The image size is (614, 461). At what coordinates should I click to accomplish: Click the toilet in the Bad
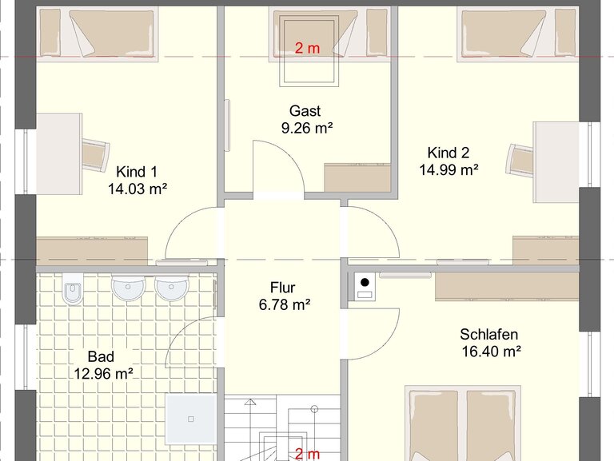[x=73, y=288]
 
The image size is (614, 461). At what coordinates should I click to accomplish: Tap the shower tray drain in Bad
[x=191, y=419]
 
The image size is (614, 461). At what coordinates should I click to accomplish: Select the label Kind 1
[x=137, y=172]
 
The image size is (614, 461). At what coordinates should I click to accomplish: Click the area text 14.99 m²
[x=449, y=170]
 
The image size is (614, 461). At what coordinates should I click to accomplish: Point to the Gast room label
[x=305, y=111]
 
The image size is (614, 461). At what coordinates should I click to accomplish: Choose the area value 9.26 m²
[x=307, y=128]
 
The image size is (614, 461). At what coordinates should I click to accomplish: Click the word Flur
[x=282, y=288]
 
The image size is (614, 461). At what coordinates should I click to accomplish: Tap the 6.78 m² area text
[x=285, y=304]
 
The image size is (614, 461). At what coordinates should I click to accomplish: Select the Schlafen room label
[x=489, y=334]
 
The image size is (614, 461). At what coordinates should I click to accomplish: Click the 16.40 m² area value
[x=492, y=352]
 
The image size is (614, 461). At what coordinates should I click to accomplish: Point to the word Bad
[x=101, y=356]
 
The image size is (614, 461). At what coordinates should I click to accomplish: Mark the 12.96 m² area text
[x=103, y=374]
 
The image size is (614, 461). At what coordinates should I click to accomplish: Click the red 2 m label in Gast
[x=307, y=48]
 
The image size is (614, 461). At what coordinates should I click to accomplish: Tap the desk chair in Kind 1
[x=95, y=155]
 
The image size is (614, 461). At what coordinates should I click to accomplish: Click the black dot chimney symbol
[x=365, y=282]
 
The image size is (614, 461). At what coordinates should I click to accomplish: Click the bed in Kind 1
[x=98, y=34]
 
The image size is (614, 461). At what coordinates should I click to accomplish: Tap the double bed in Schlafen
[x=463, y=423]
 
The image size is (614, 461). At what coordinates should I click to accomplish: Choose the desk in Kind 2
[x=556, y=162]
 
